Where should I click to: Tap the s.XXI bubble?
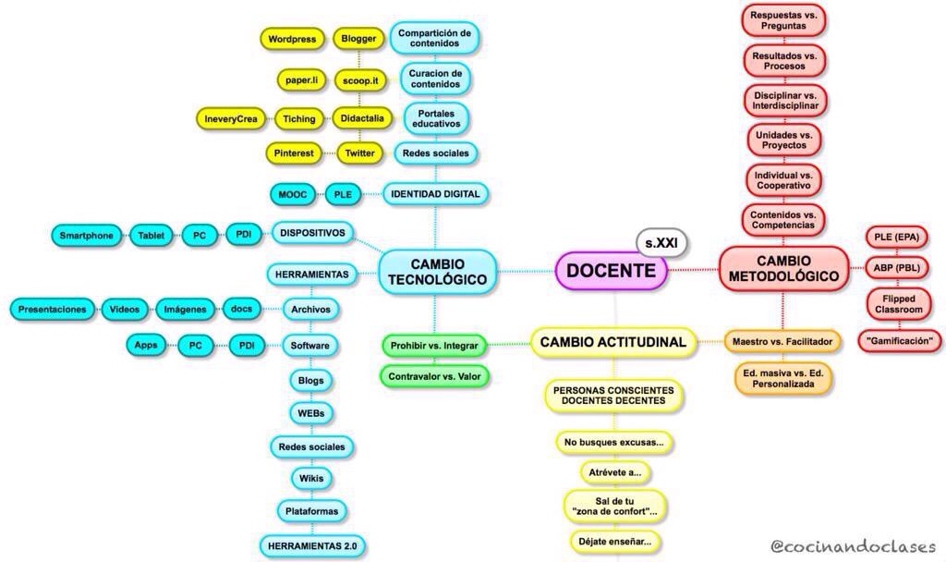tap(661, 241)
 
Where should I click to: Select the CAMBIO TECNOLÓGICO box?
tap(437, 271)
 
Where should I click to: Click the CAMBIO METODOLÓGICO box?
tap(783, 269)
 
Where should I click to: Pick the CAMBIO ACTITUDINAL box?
tap(612, 342)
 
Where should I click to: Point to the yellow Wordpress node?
tap(292, 40)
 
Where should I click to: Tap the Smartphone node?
tap(87, 236)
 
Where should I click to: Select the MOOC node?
tap(294, 195)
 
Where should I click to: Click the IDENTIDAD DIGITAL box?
tap(435, 195)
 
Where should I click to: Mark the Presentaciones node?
tap(53, 310)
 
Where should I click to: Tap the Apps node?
tap(146, 346)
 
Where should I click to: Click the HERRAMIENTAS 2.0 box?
tap(312, 545)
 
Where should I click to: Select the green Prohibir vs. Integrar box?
tap(434, 346)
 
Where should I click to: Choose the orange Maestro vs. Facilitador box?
tap(782, 342)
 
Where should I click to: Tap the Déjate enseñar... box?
tap(615, 542)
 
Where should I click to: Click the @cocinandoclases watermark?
tap(853, 546)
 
